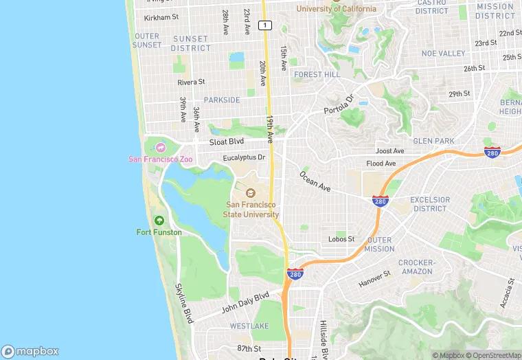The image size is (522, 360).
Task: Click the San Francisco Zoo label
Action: (x=160, y=159)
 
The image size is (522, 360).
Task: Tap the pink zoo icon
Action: (x=160, y=147)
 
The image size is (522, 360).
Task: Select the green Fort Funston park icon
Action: (x=159, y=221)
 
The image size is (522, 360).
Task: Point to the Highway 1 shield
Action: (x=264, y=25)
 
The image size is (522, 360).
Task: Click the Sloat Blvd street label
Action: (x=227, y=142)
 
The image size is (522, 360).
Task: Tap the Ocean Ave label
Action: (x=315, y=181)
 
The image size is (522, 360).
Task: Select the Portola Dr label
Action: (x=338, y=105)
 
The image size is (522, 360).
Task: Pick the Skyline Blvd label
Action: (x=184, y=303)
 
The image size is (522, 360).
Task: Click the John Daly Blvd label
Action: (x=245, y=303)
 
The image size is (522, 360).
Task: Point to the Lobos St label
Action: (x=341, y=239)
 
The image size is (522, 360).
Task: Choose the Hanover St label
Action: (x=374, y=278)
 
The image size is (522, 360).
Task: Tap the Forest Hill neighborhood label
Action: (x=317, y=75)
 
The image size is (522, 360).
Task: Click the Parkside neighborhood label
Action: (x=222, y=100)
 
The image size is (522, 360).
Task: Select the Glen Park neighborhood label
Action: (x=434, y=141)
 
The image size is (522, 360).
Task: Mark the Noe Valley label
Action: (x=443, y=53)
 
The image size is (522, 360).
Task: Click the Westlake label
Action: (x=249, y=325)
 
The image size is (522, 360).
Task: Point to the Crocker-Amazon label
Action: (x=416, y=267)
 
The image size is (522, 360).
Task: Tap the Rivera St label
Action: (x=191, y=82)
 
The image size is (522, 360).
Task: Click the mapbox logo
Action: (x=30, y=350)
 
